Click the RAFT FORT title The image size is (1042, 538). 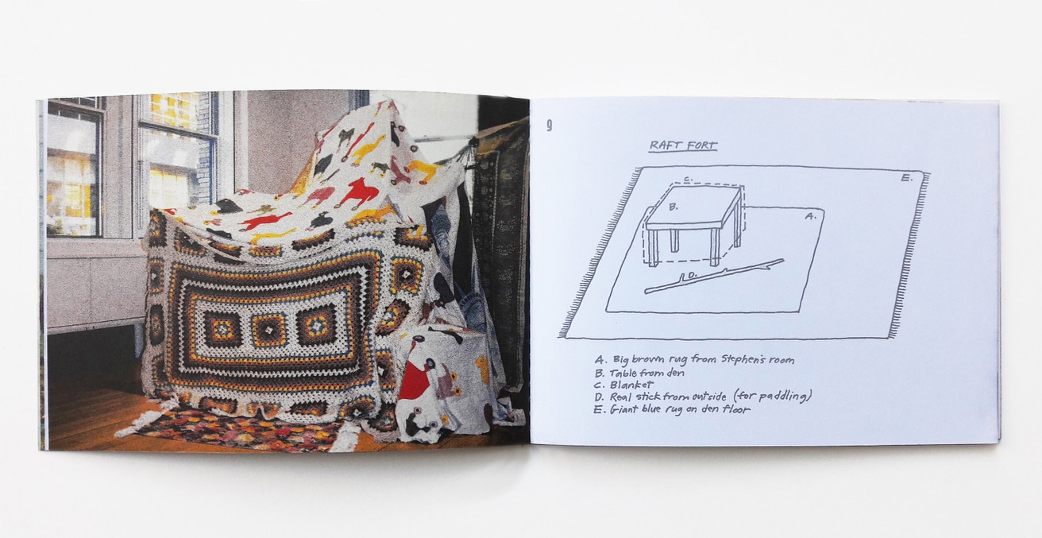tap(683, 145)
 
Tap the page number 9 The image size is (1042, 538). tap(550, 126)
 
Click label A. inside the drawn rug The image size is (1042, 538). tap(810, 216)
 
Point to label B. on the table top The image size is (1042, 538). tap(673, 207)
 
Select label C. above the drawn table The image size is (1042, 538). tap(688, 178)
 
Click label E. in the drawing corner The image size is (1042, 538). tap(907, 178)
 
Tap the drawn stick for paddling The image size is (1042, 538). tap(714, 276)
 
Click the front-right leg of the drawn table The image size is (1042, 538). tap(715, 247)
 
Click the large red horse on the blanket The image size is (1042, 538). tap(358, 189)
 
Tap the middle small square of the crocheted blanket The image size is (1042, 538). tap(268, 330)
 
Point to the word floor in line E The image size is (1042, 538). tap(736, 409)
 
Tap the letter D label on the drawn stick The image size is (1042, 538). tap(692, 276)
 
